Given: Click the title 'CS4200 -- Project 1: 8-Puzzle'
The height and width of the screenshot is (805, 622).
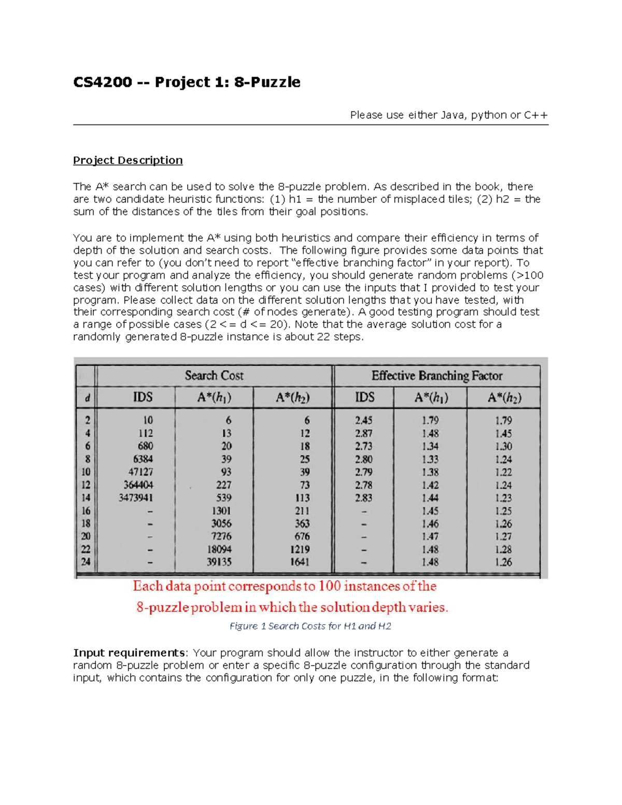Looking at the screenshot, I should click(187, 82).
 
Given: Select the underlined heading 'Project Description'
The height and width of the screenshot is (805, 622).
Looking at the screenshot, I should click(128, 160).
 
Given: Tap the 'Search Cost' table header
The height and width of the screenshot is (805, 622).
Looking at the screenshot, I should click(214, 376).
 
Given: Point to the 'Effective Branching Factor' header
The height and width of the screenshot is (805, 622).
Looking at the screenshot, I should click(436, 376).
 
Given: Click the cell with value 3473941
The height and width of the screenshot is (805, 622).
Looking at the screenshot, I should click(136, 498).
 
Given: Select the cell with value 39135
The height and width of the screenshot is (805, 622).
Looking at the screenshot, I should click(219, 562).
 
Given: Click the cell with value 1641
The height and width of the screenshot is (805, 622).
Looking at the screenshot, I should click(300, 562).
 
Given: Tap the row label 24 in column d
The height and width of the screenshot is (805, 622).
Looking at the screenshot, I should click(86, 562).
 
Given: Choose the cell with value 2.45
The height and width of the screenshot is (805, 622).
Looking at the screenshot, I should click(363, 420).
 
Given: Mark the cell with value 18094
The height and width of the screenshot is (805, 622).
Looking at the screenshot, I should click(219, 549).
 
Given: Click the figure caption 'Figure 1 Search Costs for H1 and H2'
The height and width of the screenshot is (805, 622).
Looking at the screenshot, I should click(310, 626).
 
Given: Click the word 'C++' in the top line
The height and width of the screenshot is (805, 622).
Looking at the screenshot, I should click(535, 115).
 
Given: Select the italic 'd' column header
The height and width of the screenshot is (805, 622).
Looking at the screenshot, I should click(87, 398).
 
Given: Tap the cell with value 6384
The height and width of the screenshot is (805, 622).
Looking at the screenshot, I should click(143, 459).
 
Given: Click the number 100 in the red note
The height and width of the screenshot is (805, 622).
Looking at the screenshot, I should click(329, 586).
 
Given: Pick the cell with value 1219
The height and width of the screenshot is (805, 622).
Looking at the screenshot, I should click(300, 549).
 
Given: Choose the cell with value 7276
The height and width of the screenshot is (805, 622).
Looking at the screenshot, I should click(221, 536).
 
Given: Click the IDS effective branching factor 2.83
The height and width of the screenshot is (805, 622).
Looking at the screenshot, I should click(363, 498).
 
